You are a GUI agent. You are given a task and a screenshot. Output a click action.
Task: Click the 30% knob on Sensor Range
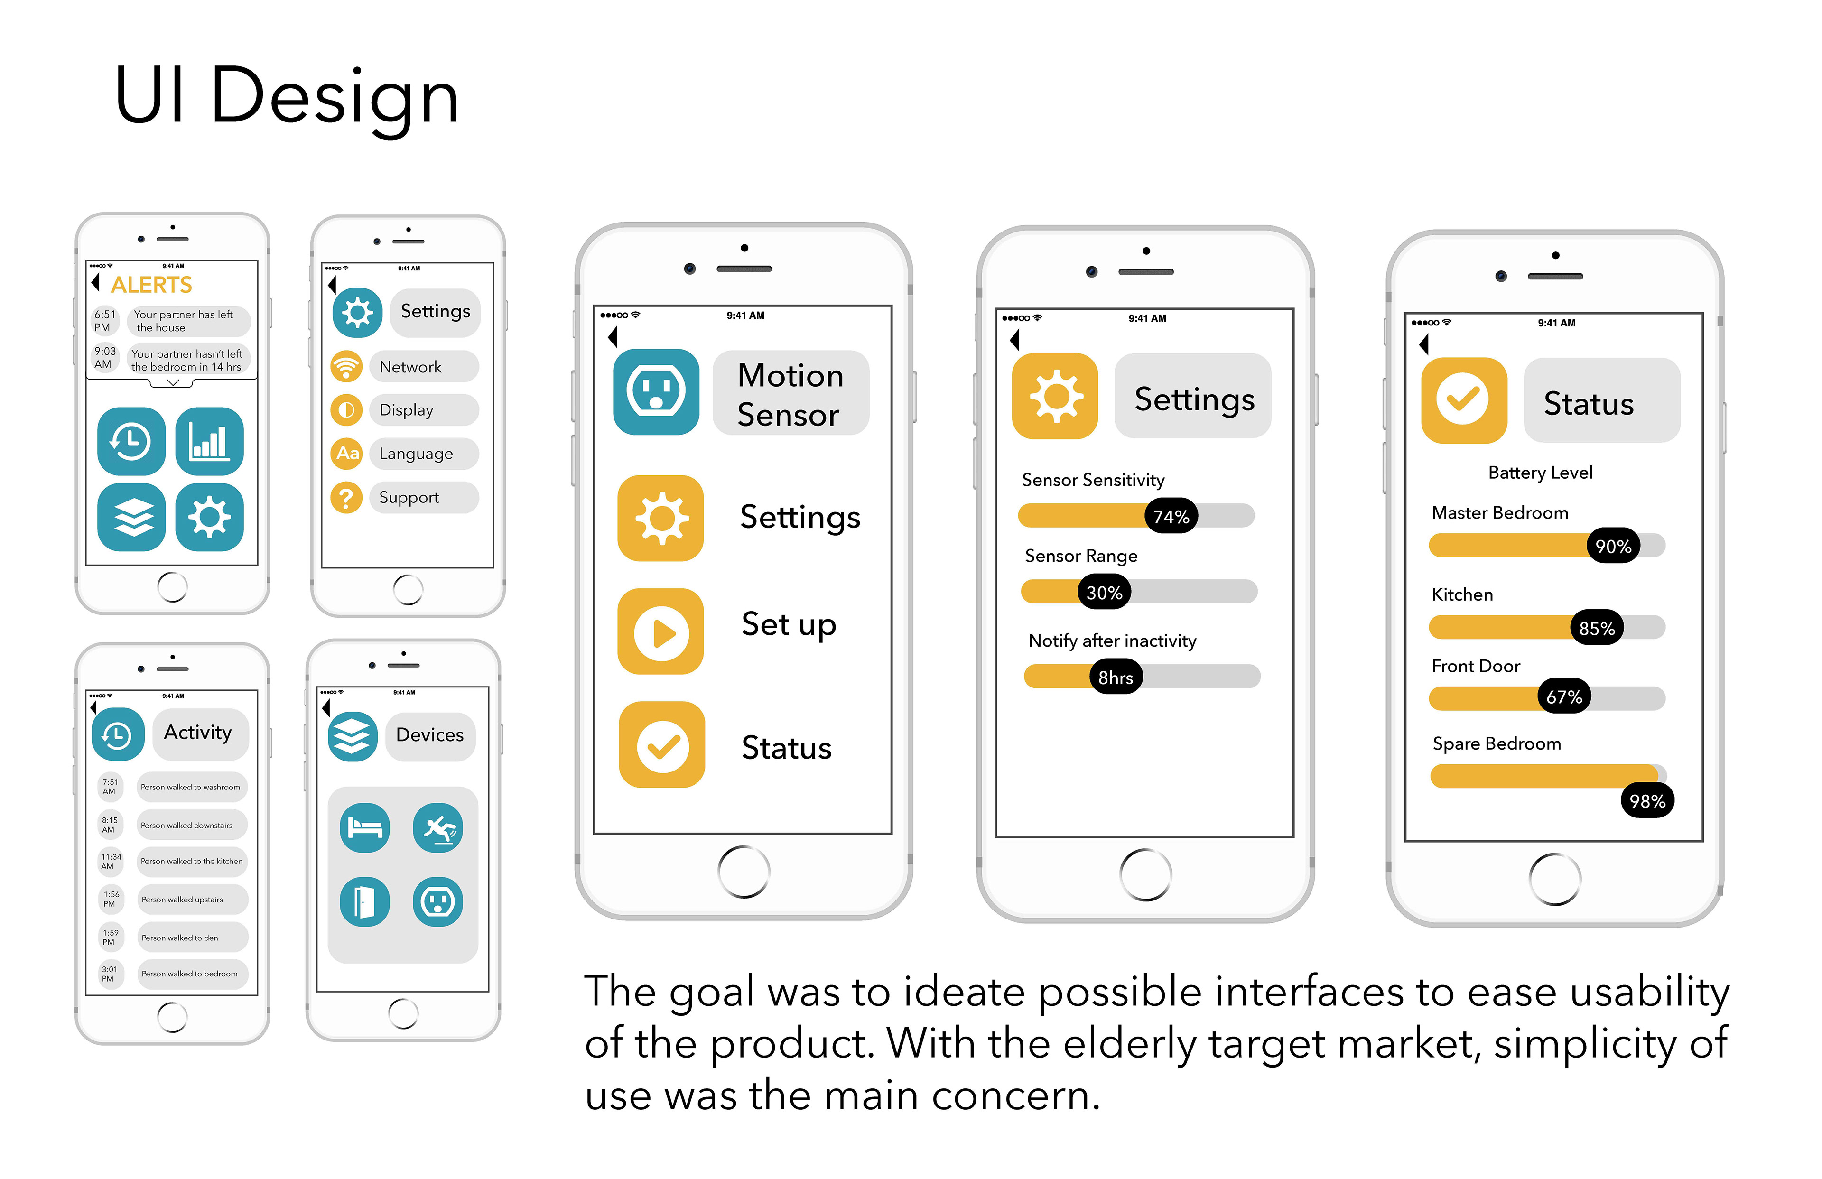point(1104,593)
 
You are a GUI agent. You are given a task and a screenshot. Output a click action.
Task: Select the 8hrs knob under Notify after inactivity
point(1116,678)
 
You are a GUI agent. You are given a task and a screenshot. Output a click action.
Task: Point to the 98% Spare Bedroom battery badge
point(1647,801)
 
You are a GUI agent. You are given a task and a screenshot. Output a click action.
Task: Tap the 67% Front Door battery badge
point(1564,696)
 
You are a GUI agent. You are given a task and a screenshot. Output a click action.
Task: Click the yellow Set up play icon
point(660,631)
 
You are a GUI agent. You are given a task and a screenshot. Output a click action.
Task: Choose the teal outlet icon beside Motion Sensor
point(656,392)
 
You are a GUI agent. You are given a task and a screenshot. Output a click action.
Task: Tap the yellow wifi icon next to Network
point(346,367)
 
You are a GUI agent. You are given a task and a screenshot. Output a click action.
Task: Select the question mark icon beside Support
point(346,498)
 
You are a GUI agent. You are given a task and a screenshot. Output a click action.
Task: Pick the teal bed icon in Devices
point(364,827)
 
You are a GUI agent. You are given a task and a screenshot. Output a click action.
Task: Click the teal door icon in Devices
point(364,902)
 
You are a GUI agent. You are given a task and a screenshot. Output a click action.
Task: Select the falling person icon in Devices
point(438,827)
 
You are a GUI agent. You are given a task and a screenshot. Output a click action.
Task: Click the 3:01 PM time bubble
point(110,974)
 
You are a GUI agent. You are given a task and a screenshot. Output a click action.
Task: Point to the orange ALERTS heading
point(151,285)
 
